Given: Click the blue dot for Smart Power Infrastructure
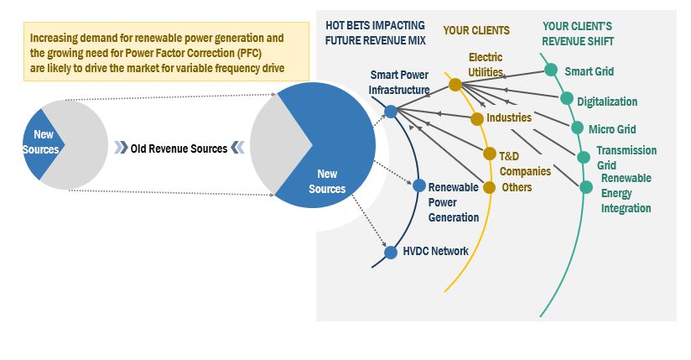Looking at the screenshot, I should (x=391, y=110).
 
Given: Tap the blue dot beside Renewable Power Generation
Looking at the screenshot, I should (x=419, y=185).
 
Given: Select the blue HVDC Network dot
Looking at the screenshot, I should (x=390, y=251).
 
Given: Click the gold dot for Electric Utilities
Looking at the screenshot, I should (x=455, y=85).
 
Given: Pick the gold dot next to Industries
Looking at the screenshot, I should (x=478, y=118).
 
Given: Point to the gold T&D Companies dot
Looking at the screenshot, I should (x=490, y=154).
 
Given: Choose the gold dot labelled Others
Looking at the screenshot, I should (x=490, y=187).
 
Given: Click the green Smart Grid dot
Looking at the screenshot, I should (x=551, y=70).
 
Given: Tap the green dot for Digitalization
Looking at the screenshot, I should (x=567, y=99).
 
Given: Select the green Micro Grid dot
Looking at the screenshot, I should (x=577, y=128).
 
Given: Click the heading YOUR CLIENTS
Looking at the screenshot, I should (x=476, y=30).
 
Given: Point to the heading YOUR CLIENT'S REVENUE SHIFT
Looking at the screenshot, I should (x=578, y=34).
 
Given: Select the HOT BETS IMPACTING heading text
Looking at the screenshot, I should (x=375, y=26).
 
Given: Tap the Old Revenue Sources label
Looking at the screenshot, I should (x=179, y=149).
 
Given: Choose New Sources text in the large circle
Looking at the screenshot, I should (x=327, y=181).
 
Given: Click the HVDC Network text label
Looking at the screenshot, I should (x=436, y=251).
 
